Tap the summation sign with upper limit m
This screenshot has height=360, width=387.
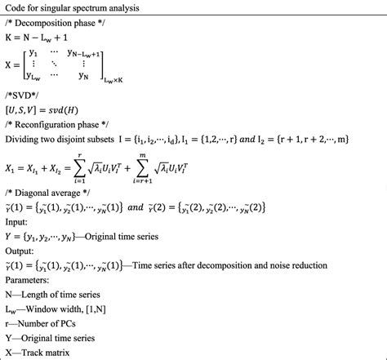click(188, 170)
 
